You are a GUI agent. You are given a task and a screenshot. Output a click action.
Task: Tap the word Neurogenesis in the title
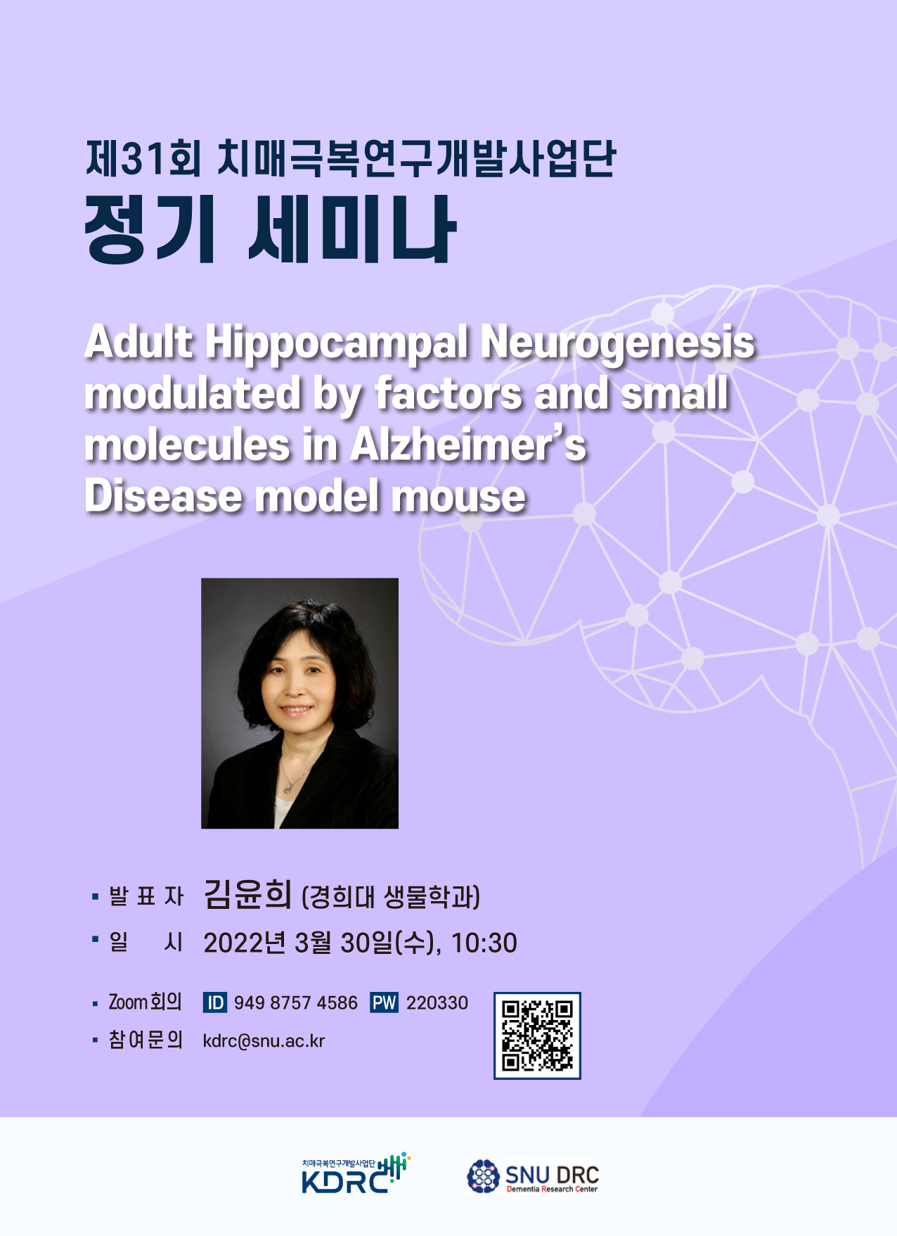pos(617,343)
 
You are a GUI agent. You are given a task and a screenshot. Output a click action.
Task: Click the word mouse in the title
pos(458,496)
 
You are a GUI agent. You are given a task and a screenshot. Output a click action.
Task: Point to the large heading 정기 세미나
pos(270,229)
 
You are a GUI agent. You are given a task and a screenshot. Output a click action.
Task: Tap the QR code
pos(537,1036)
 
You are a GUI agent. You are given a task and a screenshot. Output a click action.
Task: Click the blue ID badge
pos(215,1002)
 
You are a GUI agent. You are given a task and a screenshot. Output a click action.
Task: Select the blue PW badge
pos(384,1002)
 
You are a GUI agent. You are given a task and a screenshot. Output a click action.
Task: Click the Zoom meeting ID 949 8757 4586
pos(295,1002)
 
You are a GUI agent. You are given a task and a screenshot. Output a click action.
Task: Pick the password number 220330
pos(437,1002)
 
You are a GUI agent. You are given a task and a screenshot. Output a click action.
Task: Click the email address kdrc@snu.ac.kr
pos(264,1041)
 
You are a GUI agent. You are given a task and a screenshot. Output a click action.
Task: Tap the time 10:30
pos(484,943)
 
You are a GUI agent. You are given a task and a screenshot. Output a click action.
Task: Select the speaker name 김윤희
pos(247,894)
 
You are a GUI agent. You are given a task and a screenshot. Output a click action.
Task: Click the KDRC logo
pos(356,1173)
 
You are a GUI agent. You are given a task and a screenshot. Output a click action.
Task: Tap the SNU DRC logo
pos(533,1176)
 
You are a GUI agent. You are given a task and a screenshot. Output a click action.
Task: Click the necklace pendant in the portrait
pos(288,789)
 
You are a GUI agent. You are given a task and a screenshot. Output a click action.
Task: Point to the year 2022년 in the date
pos(245,943)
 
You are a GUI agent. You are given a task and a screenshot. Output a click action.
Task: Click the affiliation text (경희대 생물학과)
pos(391,897)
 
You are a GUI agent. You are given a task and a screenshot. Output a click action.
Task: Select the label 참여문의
pos(146,1040)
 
